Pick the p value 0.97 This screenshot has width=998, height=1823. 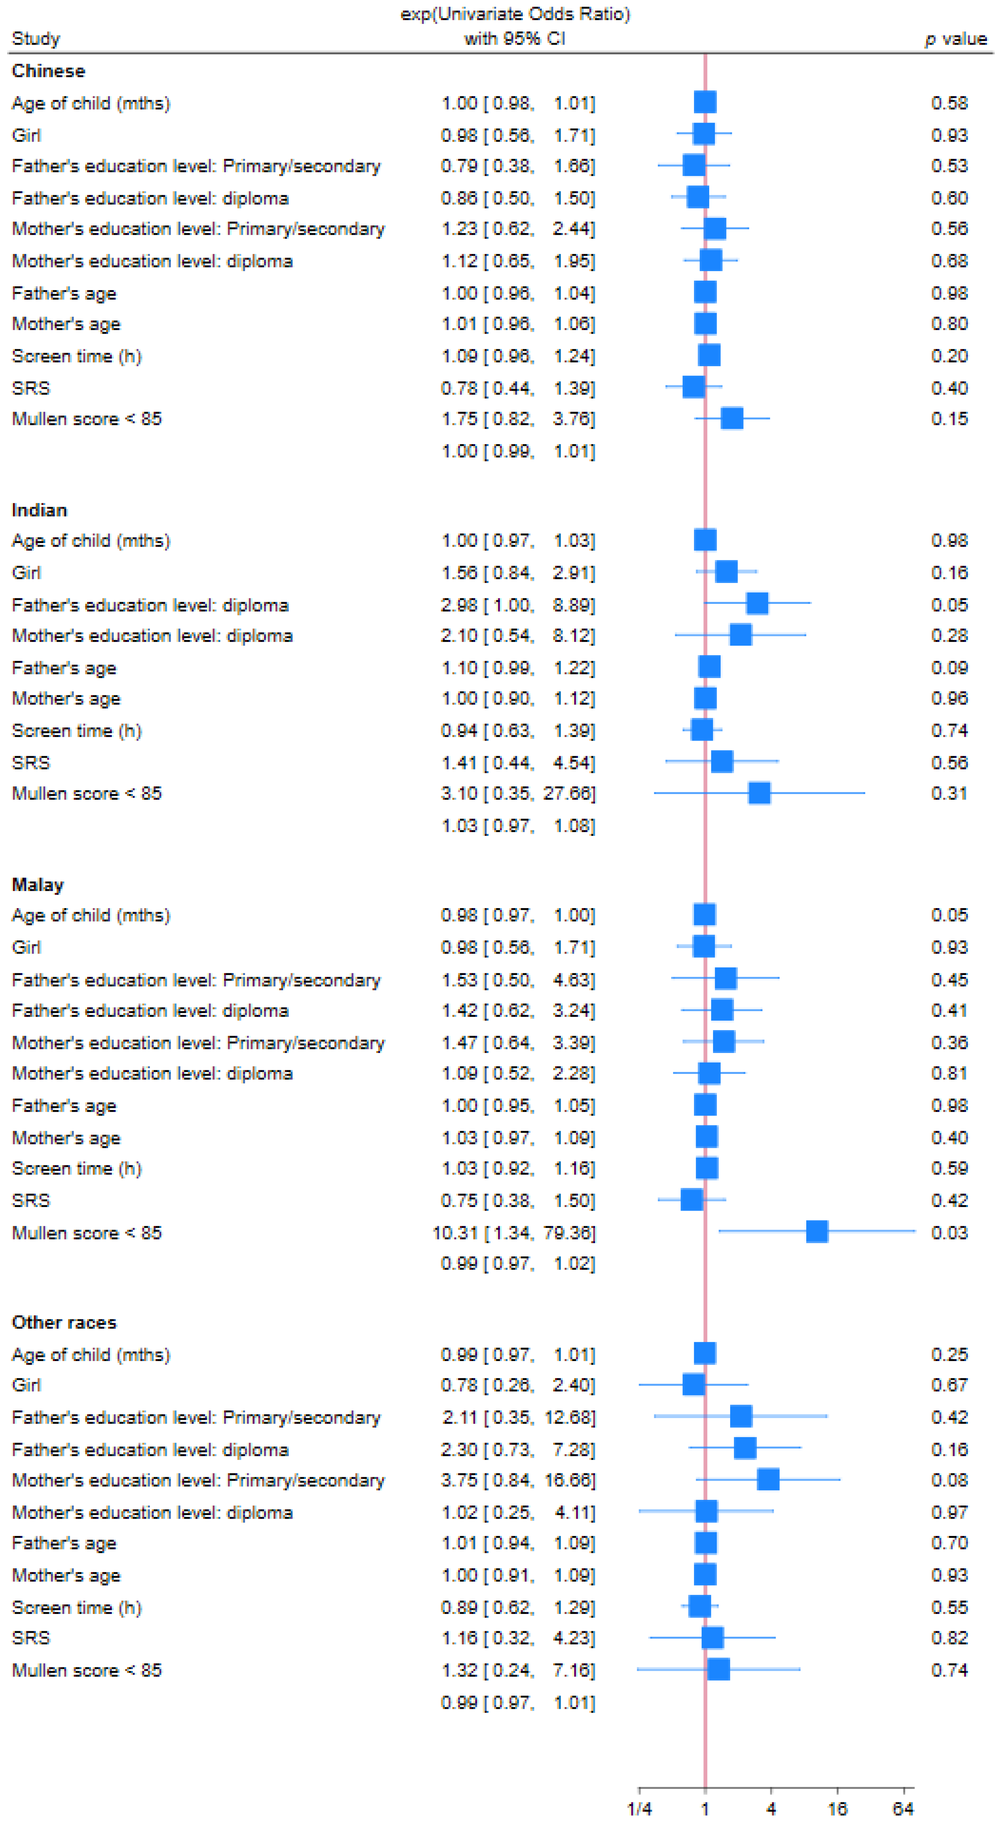949,1512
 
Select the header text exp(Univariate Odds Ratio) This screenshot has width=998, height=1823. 515,14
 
